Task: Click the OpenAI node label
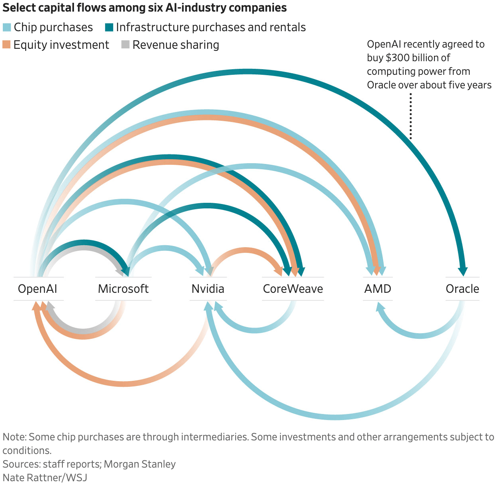38,289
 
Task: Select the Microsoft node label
123,289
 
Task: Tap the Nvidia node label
208,289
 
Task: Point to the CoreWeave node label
293,289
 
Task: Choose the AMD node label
378,289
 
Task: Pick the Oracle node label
462,289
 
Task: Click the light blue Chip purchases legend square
7,28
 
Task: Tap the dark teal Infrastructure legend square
109,28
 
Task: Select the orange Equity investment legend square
7,45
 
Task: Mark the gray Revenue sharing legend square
126,45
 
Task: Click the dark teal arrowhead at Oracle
463,271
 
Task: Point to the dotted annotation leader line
411,116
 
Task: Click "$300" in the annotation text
398,58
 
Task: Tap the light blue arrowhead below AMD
380,307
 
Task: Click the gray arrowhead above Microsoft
120,272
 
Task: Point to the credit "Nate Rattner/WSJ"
45,478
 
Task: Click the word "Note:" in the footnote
14,437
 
